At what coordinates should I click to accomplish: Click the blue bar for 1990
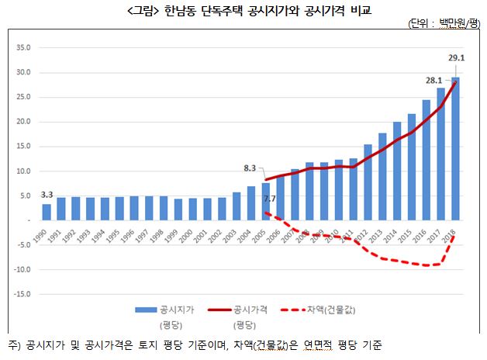click(x=47, y=212)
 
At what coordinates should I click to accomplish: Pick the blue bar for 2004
click(x=251, y=203)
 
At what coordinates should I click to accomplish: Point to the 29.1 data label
click(x=457, y=57)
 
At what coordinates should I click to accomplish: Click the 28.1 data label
click(x=433, y=80)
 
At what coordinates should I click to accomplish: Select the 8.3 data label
click(x=249, y=167)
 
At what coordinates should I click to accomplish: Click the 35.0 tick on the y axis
click(x=22, y=48)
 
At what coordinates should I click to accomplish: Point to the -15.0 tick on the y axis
click(x=21, y=294)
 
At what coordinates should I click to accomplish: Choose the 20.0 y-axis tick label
click(x=22, y=122)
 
